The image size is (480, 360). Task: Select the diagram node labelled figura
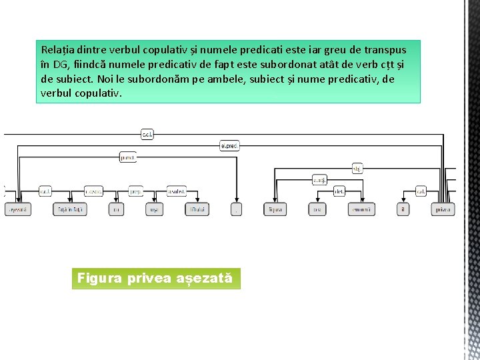(275, 209)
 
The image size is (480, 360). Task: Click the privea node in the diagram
(442, 209)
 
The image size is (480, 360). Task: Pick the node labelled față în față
(69, 209)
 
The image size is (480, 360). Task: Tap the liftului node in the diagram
(197, 209)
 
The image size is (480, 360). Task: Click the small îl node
(403, 209)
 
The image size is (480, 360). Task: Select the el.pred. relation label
(229, 145)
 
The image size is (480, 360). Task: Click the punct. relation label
(127, 157)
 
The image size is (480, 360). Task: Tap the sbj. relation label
(357, 169)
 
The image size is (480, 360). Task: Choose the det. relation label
(339, 191)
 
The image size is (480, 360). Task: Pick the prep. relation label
(135, 191)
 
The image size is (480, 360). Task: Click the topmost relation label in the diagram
(147, 135)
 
